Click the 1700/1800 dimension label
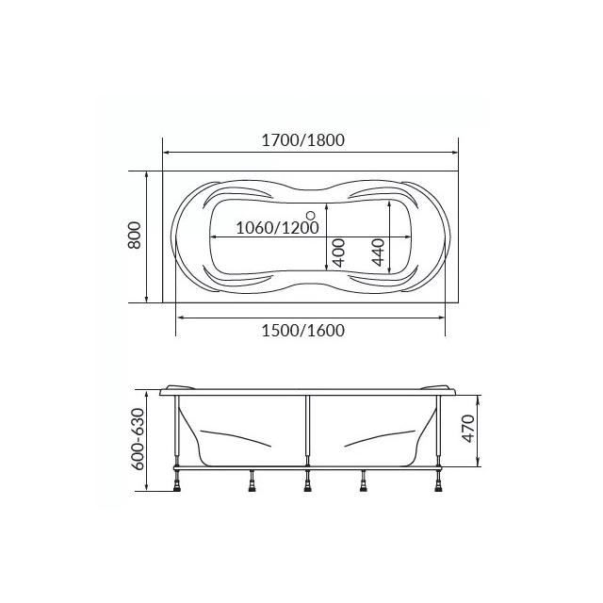303,140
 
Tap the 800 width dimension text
135,236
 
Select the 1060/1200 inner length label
277,228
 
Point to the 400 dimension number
338,253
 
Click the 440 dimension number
378,253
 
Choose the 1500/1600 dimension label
303,331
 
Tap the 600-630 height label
138,439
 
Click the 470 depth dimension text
468,429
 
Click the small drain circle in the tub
310,215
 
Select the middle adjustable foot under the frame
307,481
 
